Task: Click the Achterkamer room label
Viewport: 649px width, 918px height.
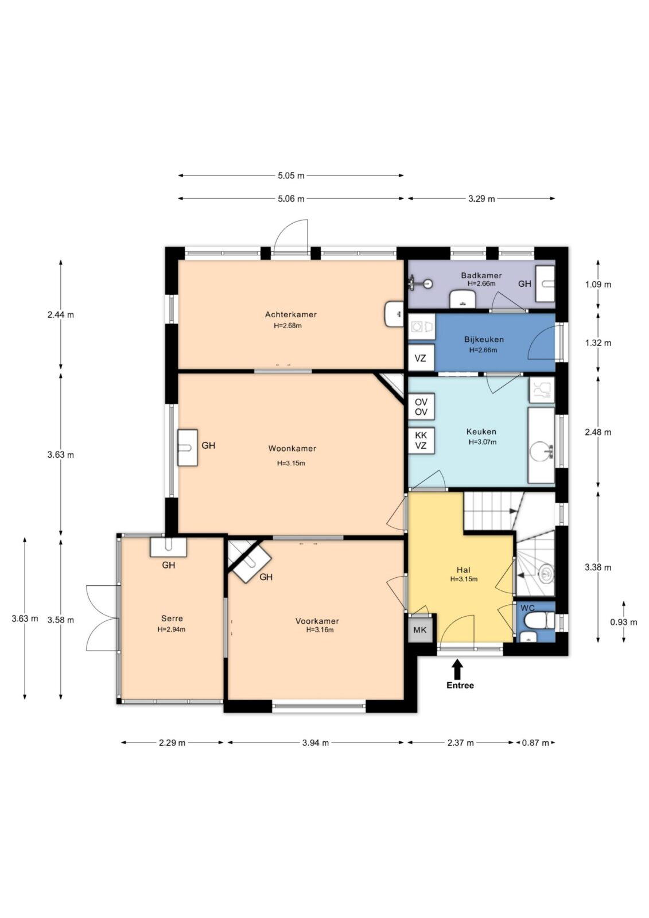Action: [291, 315]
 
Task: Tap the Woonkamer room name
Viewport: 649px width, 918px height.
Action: [292, 449]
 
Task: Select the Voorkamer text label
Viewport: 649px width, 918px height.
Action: [317, 621]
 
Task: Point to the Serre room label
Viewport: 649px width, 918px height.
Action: [172, 619]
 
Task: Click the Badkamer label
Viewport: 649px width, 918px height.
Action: [481, 275]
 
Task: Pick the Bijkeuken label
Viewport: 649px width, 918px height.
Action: [484, 340]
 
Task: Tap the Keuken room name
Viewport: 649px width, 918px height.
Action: [481, 431]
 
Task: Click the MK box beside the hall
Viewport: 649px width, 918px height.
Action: [419, 629]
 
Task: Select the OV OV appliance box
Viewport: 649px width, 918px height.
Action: [421, 407]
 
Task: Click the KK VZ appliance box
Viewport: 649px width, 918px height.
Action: [421, 441]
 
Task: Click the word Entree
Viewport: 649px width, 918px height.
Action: [460, 685]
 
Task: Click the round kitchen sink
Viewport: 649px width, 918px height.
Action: [540, 453]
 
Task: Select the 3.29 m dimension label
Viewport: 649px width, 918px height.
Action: [481, 199]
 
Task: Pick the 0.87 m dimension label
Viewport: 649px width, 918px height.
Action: [535, 742]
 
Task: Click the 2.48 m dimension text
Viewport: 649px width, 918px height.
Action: [598, 433]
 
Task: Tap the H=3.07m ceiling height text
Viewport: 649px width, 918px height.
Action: [482, 442]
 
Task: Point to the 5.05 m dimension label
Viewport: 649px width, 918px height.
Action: [291, 176]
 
